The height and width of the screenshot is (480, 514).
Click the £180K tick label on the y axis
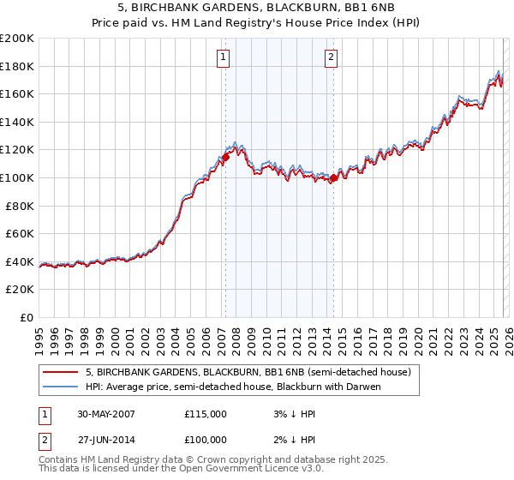point(17,66)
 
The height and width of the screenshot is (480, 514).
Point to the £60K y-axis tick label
point(20,233)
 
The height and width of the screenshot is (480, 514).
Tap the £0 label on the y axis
point(27,317)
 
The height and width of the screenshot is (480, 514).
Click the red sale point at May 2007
point(226,157)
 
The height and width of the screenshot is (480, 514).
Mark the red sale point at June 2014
point(333,178)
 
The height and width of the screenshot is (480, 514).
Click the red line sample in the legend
point(60,373)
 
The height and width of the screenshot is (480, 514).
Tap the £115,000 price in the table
point(206,413)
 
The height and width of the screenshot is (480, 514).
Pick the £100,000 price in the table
point(206,439)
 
